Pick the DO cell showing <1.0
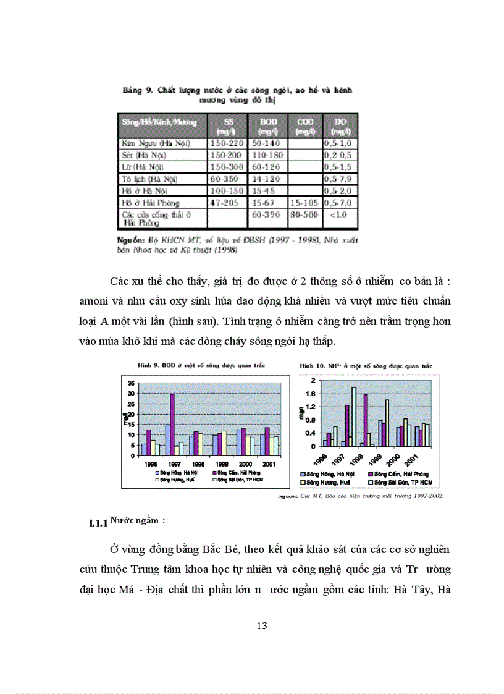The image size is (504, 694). pyautogui.click(x=337, y=215)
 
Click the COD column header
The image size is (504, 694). pyautogui.click(x=304, y=127)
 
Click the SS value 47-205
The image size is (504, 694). pyautogui.click(x=224, y=202)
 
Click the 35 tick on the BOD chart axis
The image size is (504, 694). pyautogui.click(x=131, y=383)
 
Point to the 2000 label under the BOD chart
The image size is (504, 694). pyautogui.click(x=244, y=463)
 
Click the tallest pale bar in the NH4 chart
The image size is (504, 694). pyautogui.click(x=354, y=416)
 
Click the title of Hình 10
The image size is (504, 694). pyautogui.click(x=366, y=366)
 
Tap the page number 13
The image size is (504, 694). pyautogui.click(x=261, y=626)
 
